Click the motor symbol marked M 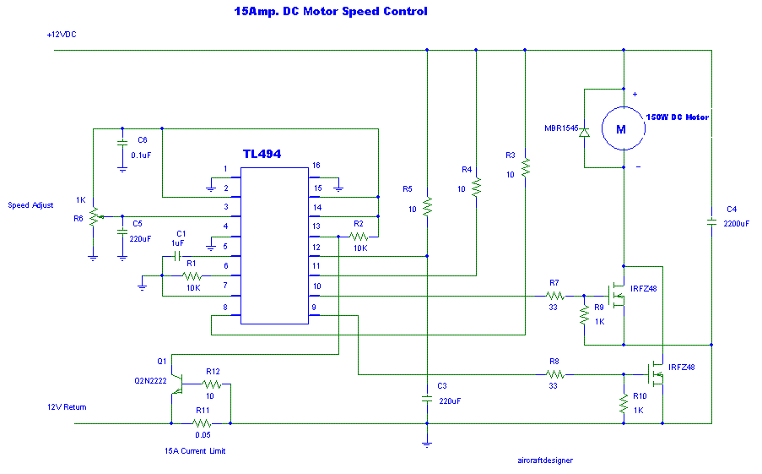click(621, 128)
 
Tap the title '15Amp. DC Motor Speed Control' click(331, 12)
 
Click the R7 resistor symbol click(554, 296)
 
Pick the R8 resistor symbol click(554, 373)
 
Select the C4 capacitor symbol click(711, 222)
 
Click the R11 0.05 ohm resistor click(200, 423)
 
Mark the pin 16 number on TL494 click(316, 166)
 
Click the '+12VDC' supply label click(63, 35)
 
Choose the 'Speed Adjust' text click(31, 205)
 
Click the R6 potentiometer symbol click(93, 216)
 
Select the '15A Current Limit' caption click(195, 451)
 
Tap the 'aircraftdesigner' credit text click(545, 460)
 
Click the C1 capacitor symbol click(178, 255)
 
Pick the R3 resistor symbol click(525, 167)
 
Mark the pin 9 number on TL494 click(315, 308)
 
